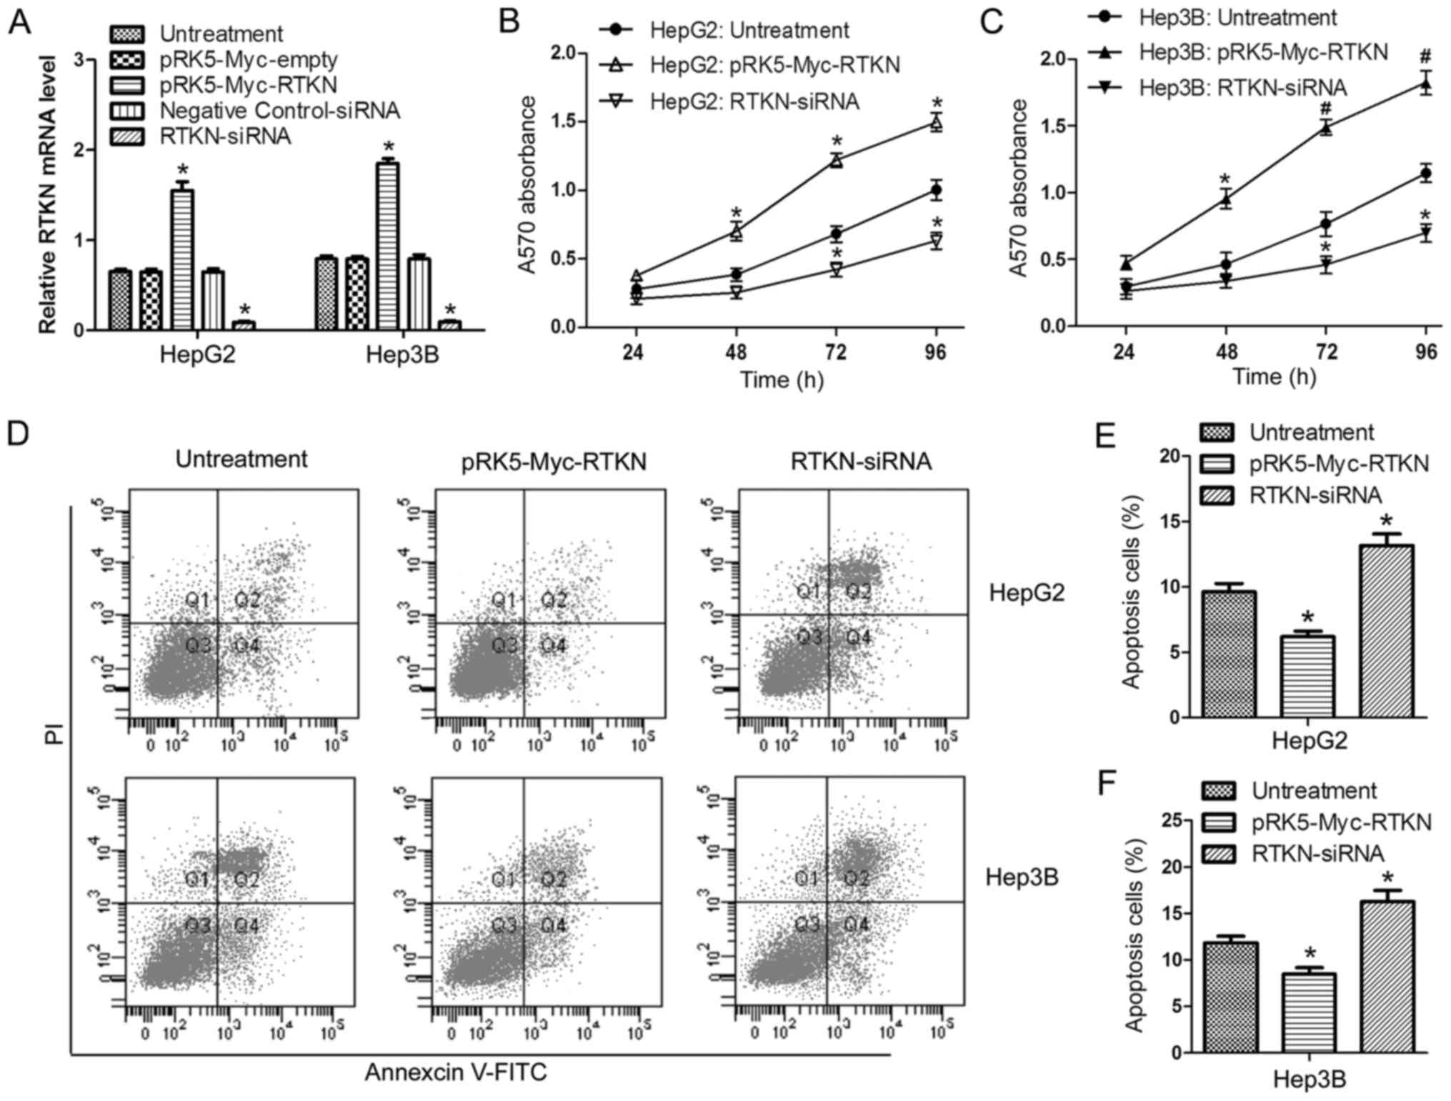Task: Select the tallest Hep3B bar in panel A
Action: pos(387,246)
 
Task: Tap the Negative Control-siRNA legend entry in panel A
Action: pos(279,111)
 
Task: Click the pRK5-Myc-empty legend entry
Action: pos(248,59)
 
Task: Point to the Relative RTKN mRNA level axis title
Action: pos(47,194)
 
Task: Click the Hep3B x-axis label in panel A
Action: pos(402,354)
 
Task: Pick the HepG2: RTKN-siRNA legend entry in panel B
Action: pos(754,102)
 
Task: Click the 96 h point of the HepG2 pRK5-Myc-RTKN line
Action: pos(936,123)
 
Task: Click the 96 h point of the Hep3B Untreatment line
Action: pos(1426,174)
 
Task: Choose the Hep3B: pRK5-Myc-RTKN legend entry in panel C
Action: pos(1263,52)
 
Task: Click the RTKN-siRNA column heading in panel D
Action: pos(861,462)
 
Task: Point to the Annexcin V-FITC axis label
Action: pos(456,1072)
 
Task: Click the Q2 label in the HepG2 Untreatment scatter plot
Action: pos(248,599)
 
